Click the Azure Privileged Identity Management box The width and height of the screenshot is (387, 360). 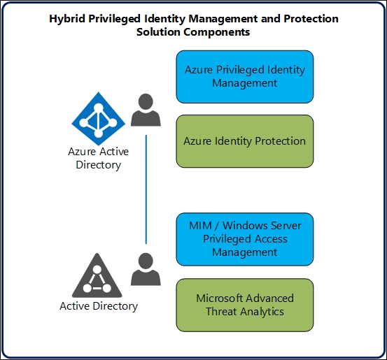[x=245, y=77]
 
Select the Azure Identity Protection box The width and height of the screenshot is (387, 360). [x=245, y=141]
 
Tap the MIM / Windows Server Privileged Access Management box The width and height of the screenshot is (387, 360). [x=245, y=239]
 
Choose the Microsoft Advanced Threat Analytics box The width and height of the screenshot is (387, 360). [x=245, y=305]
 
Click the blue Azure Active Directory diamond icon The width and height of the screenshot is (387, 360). [x=98, y=119]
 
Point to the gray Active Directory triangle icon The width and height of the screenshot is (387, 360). [x=97, y=275]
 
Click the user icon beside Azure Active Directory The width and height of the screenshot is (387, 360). [x=146, y=110]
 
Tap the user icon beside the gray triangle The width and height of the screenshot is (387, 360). [x=146, y=269]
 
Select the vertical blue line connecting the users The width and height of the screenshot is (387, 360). [x=146, y=189]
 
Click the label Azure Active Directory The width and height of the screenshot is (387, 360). [x=98, y=158]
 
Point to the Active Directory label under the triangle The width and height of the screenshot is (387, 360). [x=99, y=306]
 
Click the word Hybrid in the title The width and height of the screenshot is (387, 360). [x=66, y=19]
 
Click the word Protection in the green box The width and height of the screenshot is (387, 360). [x=280, y=141]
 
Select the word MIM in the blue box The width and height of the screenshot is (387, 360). [x=200, y=226]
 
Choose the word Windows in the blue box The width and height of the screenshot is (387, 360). [x=244, y=226]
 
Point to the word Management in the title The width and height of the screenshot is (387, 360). [x=223, y=19]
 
